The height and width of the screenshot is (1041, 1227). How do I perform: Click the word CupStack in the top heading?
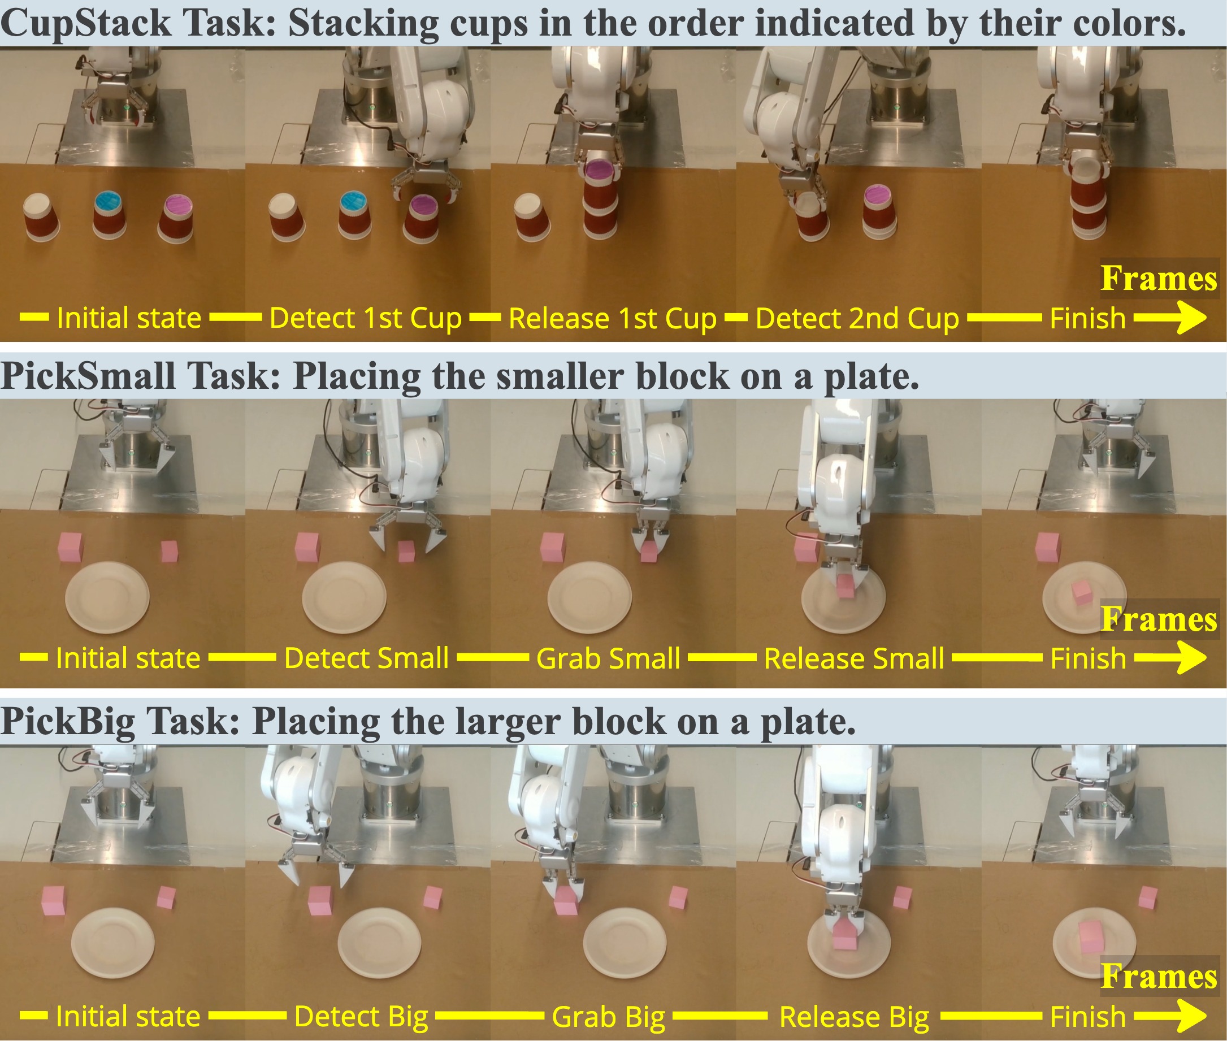(86, 24)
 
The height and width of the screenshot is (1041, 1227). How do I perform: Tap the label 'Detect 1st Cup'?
(365, 319)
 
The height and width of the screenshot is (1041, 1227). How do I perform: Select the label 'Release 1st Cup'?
(613, 319)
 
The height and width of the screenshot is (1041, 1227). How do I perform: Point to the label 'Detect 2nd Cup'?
(857, 319)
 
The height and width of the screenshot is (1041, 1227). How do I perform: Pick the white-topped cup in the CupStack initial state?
(42, 218)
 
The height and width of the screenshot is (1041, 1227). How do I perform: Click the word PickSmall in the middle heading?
(88, 376)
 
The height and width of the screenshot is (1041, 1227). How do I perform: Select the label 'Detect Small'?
(366, 658)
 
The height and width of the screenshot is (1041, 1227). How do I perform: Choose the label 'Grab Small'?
(609, 658)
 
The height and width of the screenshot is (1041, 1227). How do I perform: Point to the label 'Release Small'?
(854, 658)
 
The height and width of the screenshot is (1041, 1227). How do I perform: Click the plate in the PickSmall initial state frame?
(107, 597)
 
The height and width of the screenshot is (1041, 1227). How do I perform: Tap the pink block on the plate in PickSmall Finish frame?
(1082, 592)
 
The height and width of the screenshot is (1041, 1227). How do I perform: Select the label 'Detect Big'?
(361, 1016)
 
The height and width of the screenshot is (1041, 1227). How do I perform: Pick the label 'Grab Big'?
(609, 1016)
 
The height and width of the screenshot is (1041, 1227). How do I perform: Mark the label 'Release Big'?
(854, 1016)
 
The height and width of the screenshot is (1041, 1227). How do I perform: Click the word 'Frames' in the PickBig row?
(1159, 976)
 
